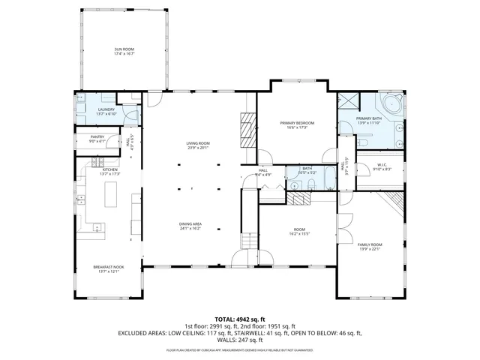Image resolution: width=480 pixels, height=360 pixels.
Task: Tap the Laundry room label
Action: click(x=106, y=110)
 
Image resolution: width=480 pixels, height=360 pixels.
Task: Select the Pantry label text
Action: click(x=97, y=136)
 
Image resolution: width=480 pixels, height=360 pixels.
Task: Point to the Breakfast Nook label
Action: click(x=109, y=267)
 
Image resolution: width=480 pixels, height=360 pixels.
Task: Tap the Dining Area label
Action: click(x=190, y=224)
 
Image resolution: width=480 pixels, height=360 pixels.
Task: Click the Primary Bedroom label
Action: click(x=297, y=123)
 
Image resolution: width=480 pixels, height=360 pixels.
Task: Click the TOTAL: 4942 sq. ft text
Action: click(x=240, y=319)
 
